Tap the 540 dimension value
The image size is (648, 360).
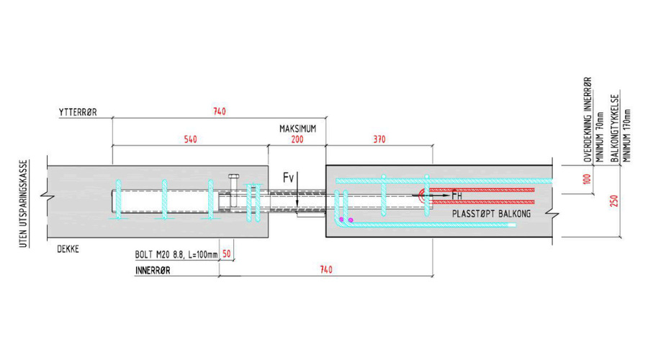(189, 138)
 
